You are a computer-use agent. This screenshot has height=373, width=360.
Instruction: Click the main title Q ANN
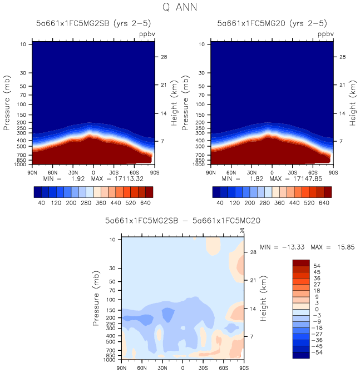[180, 7]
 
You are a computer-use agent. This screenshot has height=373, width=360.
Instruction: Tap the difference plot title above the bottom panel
[175, 221]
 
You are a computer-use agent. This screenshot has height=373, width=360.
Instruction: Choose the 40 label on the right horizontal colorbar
[220, 203]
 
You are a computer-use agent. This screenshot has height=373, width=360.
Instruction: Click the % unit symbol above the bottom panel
[241, 230]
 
